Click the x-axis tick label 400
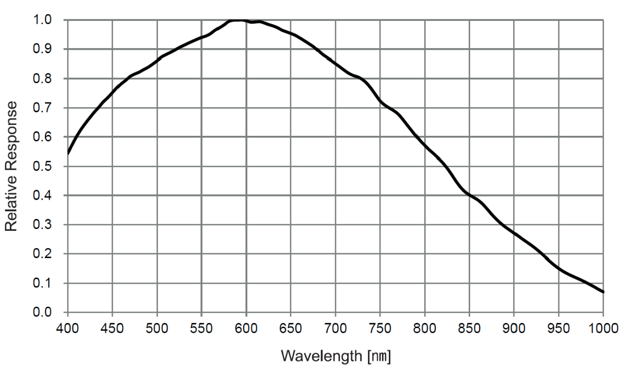[x=68, y=328]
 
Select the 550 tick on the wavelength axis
[x=201, y=328]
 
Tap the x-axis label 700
[x=336, y=328]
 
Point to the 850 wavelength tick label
[x=469, y=328]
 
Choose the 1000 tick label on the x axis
[x=603, y=328]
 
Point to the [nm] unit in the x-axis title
[x=379, y=356]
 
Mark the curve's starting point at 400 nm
[x=68, y=154]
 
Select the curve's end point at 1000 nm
[x=603, y=292]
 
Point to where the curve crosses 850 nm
[x=469, y=195]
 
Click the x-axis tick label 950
[x=558, y=328]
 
